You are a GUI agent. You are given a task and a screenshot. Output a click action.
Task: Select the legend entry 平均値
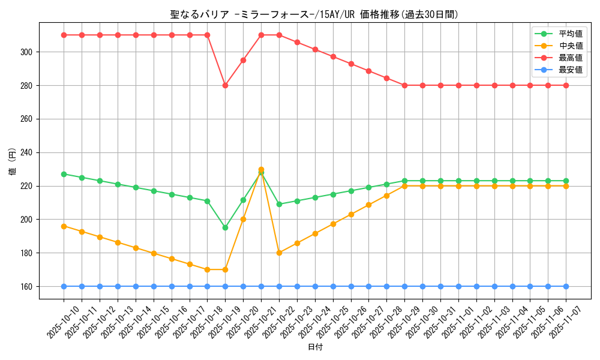click(x=570, y=34)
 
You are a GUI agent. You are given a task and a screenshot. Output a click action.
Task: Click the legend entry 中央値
click(x=570, y=46)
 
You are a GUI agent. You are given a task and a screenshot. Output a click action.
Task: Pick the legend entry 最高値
click(x=570, y=58)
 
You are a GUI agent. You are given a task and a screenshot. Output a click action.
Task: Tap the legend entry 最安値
click(x=570, y=70)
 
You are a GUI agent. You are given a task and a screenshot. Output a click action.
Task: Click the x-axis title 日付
click(x=315, y=347)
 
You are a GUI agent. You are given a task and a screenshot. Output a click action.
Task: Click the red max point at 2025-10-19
click(x=225, y=85)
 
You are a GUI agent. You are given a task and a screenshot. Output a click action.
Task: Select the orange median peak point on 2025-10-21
click(x=261, y=169)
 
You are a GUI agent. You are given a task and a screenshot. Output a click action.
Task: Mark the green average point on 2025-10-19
click(x=225, y=227)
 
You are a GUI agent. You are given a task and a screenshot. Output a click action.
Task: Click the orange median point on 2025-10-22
click(x=279, y=253)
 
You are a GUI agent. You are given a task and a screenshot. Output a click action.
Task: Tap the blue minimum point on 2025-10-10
click(x=64, y=286)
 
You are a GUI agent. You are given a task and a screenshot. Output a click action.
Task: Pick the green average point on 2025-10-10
click(x=64, y=174)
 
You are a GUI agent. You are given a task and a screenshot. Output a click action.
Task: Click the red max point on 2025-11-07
click(x=566, y=85)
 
